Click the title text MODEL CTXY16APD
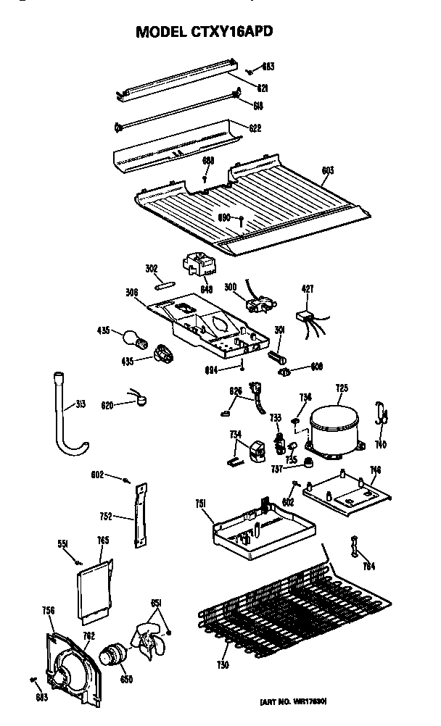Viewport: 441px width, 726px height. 205,33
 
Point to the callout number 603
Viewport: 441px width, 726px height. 327,171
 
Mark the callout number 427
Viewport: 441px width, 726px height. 308,289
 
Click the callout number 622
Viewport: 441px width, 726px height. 255,128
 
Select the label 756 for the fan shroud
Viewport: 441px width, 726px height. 49,610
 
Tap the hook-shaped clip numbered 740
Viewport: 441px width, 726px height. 383,420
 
